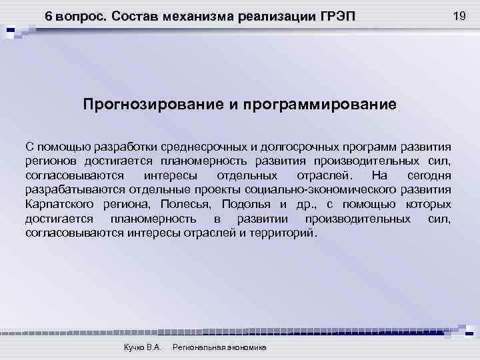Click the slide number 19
459,15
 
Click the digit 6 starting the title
48,16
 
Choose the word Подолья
247,204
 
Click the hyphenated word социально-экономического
335,190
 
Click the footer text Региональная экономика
219,348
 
